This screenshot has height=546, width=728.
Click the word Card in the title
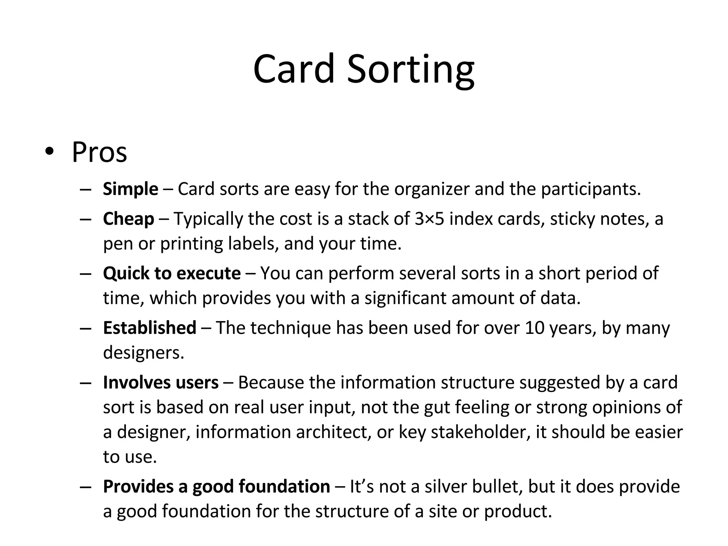pos(294,69)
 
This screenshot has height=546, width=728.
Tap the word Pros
pos(99,152)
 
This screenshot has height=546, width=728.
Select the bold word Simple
pos(130,189)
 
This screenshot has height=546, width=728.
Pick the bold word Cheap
pos(128,219)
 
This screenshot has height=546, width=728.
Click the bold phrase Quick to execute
pos(172,273)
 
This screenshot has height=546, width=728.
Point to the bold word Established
pos(149,327)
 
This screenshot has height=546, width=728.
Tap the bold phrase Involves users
pos(161,382)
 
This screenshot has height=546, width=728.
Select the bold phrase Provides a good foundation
pos(216,486)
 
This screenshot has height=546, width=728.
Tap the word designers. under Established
pos(144,352)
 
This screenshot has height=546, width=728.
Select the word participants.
pos(591,189)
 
